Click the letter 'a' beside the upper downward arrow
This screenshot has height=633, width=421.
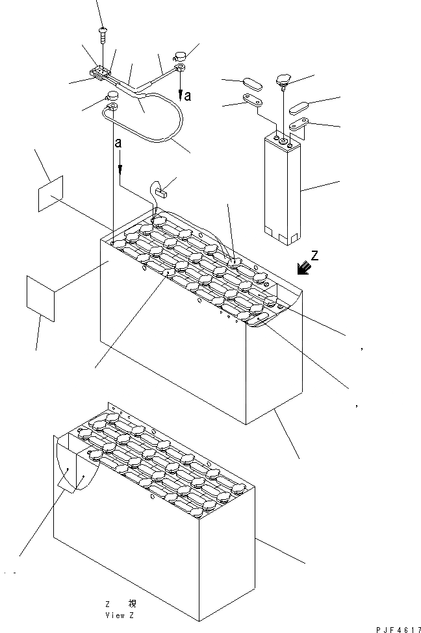[187, 96]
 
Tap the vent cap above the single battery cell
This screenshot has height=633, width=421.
[285, 80]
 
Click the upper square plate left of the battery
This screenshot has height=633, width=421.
[50, 193]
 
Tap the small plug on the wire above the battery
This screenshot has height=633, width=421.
[160, 190]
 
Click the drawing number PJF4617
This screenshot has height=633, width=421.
[397, 628]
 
